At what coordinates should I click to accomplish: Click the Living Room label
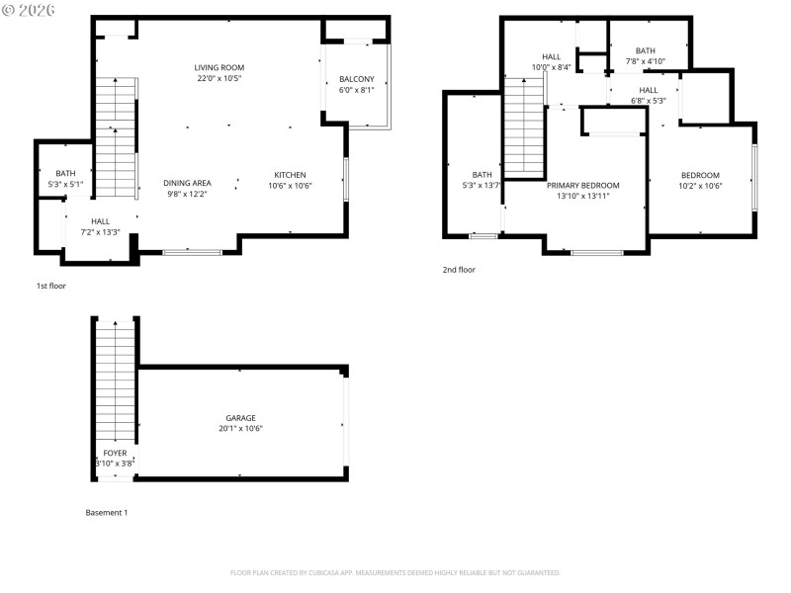[219, 67]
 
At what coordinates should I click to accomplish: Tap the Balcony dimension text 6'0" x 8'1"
[356, 89]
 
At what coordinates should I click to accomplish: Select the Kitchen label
[290, 175]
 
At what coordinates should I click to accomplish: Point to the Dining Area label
[188, 183]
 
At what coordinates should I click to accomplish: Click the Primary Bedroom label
[582, 185]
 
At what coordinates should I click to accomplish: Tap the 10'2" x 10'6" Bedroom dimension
[700, 186]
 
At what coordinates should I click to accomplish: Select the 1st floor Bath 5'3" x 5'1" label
[65, 183]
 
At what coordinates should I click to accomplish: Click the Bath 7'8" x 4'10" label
[646, 61]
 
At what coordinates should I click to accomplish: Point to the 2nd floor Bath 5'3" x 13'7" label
[482, 185]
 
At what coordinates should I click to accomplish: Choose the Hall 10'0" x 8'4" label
[551, 67]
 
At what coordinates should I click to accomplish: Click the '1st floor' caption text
[50, 286]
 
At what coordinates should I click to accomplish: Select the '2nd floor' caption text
[459, 269]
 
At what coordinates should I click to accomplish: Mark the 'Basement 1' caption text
[106, 513]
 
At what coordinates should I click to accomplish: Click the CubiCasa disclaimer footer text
[395, 572]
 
